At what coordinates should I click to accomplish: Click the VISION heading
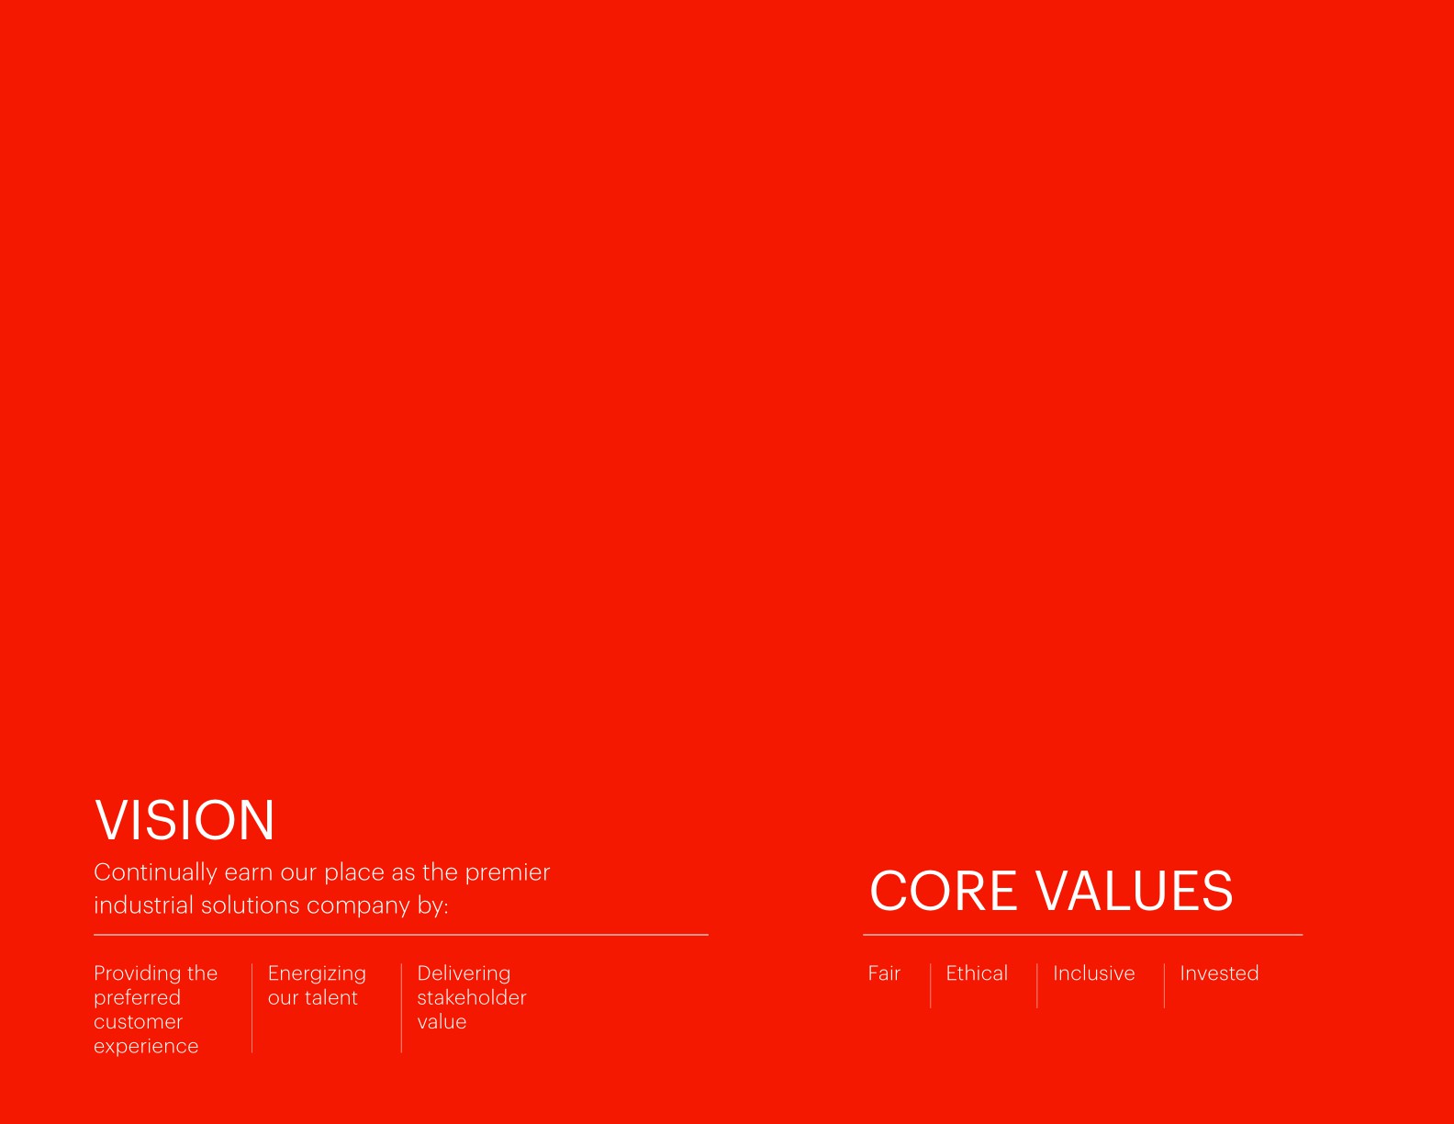[185, 820]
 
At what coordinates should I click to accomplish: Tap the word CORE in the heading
[944, 891]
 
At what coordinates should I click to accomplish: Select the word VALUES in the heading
[1135, 891]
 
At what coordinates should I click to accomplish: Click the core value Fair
[884, 973]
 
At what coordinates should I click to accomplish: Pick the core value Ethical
[977, 973]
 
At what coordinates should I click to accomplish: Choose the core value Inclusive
[1093, 973]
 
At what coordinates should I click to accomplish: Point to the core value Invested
[1219, 973]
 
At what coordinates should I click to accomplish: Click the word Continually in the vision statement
[155, 872]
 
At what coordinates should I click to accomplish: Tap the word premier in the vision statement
[507, 872]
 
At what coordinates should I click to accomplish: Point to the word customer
[138, 1022]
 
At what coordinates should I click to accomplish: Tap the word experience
[146, 1047]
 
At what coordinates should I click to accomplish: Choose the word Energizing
[317, 973]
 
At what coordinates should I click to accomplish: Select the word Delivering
[464, 973]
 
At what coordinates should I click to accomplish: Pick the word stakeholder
[472, 998]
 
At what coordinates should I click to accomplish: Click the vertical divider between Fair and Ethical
[930, 985]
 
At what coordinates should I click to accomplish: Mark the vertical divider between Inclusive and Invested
[1164, 985]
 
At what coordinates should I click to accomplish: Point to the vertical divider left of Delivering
[401, 1007]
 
